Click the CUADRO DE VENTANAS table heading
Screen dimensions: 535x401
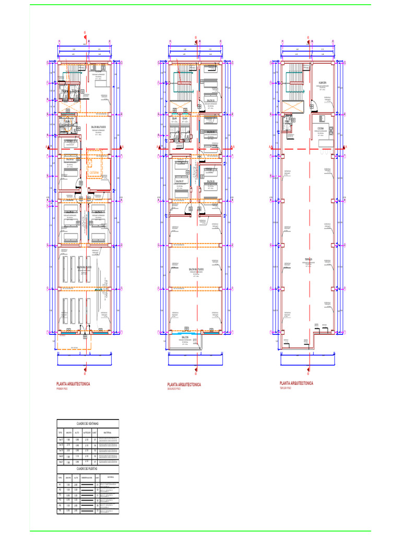(x=88, y=424)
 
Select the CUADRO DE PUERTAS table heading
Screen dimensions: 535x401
(x=88, y=468)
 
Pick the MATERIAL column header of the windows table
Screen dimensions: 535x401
(x=108, y=433)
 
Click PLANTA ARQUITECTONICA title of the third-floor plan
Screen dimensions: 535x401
(x=297, y=383)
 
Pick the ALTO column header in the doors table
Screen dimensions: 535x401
(x=76, y=478)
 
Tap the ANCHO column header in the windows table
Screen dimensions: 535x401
(x=68, y=433)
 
